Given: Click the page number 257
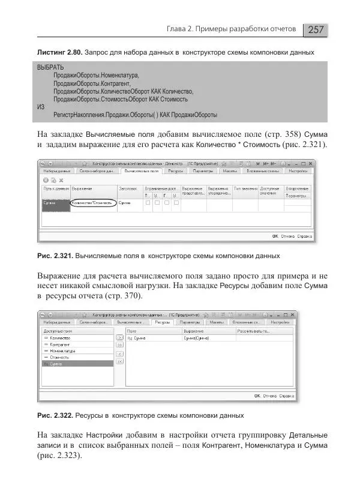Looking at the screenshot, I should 317,29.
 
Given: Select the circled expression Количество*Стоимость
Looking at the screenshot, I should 92,203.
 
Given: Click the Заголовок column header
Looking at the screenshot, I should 128,188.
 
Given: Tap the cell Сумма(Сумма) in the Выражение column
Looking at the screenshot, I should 197,339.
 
